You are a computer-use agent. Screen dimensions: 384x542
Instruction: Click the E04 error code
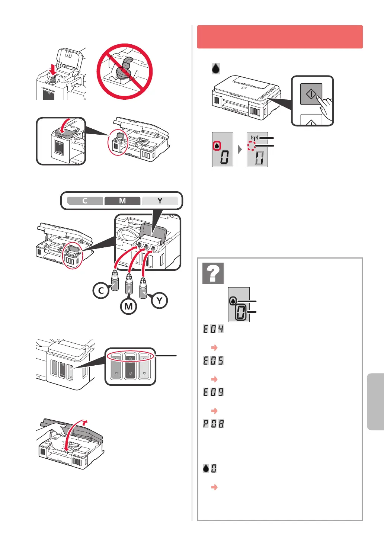click(213, 329)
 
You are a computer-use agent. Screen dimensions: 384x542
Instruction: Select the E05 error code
click(213, 360)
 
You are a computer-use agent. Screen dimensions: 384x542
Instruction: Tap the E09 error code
click(213, 392)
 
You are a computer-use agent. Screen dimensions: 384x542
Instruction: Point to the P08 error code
click(214, 424)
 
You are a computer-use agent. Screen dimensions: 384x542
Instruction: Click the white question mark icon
click(213, 273)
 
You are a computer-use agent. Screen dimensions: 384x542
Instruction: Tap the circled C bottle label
click(101, 291)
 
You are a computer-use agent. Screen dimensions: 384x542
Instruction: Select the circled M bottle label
click(128, 306)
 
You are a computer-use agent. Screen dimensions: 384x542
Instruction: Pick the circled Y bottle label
click(159, 300)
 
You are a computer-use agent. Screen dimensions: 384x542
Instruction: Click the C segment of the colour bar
click(85, 201)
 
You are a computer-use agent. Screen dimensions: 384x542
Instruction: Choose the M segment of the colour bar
click(122, 201)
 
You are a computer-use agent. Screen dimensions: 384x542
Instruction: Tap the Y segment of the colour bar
click(160, 201)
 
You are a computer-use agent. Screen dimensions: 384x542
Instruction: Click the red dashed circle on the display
click(251, 146)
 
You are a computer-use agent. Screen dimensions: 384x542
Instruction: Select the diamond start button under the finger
click(311, 94)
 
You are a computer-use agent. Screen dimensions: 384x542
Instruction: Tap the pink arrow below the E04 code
click(214, 347)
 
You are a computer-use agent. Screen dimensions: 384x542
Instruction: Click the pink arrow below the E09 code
click(214, 411)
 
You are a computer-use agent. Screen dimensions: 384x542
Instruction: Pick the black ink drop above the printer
click(216, 68)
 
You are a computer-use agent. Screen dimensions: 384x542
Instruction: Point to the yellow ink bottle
click(143, 288)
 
